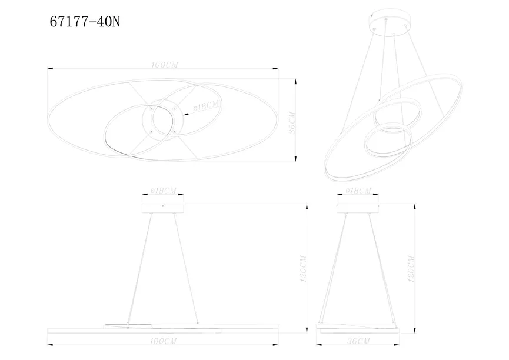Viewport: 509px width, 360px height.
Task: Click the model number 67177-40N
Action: point(85,22)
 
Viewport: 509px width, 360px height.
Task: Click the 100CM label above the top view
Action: point(165,65)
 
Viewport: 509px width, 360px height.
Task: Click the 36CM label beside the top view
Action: point(292,123)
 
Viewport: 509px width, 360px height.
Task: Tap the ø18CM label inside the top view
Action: point(206,106)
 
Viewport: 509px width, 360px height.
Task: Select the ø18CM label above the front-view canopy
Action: point(163,191)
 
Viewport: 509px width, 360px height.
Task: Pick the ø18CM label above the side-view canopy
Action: point(358,191)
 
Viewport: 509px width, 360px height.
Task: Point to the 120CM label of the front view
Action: point(303,268)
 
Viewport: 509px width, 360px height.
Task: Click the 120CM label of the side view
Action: point(411,268)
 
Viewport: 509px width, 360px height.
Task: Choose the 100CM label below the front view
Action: point(163,341)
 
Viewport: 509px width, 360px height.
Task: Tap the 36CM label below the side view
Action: point(358,341)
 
